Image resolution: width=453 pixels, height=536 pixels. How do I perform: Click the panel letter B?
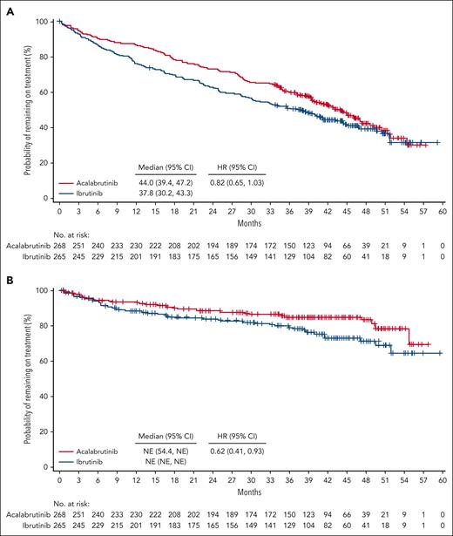[x=7, y=278]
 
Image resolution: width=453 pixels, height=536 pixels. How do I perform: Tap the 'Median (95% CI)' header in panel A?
[x=162, y=164]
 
